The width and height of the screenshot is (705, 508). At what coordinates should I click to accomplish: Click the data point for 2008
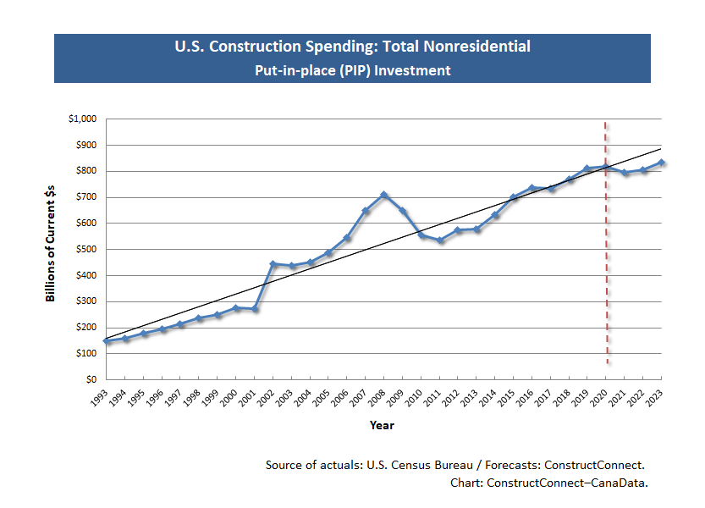384,195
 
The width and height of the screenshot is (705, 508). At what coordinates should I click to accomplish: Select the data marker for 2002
273,263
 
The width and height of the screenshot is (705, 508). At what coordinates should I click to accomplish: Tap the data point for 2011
440,240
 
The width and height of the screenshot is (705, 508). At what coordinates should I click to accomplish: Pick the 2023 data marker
662,163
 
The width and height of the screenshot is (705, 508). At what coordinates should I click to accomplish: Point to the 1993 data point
107,340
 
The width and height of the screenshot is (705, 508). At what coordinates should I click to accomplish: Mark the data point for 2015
514,197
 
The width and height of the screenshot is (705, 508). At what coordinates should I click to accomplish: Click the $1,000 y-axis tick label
82,119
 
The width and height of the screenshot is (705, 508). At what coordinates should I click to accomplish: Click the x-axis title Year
382,425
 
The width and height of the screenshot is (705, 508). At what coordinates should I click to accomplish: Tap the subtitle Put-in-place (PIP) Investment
352,70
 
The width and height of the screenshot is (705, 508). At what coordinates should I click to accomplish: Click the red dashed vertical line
606,254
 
